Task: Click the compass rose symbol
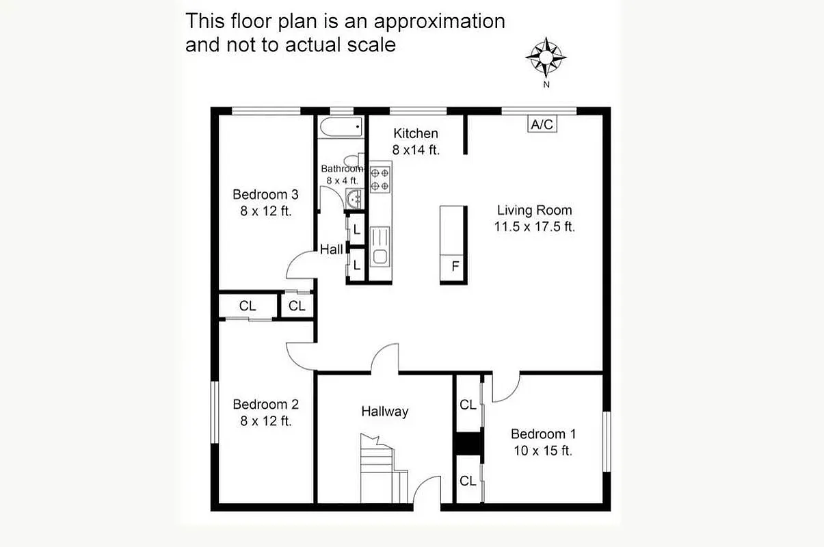(546, 57)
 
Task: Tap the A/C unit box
(542, 124)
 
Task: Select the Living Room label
(534, 211)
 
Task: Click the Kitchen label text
(415, 133)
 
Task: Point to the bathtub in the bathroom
(340, 127)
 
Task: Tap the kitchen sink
(380, 247)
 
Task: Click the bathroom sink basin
(355, 199)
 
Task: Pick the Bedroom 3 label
(265, 194)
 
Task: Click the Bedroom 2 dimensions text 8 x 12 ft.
(265, 421)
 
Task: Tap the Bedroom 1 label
(543, 434)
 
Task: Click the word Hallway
(384, 412)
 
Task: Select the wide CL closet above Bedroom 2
(248, 306)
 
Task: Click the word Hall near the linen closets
(332, 250)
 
